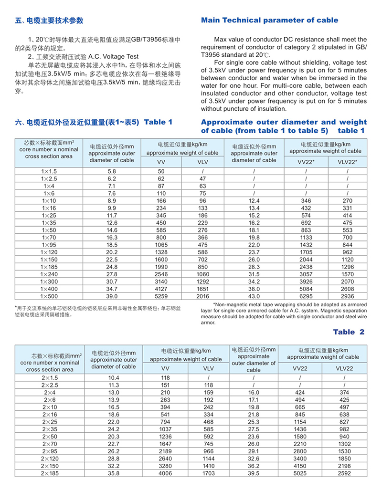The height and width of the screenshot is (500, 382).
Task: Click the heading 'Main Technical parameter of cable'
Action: [x=269, y=20]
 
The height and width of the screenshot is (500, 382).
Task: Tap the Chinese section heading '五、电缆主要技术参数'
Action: [x=49, y=21]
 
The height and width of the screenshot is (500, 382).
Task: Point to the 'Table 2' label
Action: [x=349, y=332]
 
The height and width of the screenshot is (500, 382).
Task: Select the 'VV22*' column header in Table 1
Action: [x=306, y=162]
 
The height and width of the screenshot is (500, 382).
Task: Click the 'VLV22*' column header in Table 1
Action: [x=347, y=162]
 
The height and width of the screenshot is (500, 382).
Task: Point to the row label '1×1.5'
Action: [x=49, y=171]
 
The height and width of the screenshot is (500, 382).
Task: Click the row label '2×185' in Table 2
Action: [x=50, y=473]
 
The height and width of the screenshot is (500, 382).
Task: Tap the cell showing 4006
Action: [x=165, y=473]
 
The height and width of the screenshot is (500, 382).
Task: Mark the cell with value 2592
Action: [x=344, y=473]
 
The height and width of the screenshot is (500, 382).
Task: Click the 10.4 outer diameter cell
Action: [x=113, y=378]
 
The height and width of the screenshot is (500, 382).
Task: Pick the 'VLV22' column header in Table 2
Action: [x=344, y=368]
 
